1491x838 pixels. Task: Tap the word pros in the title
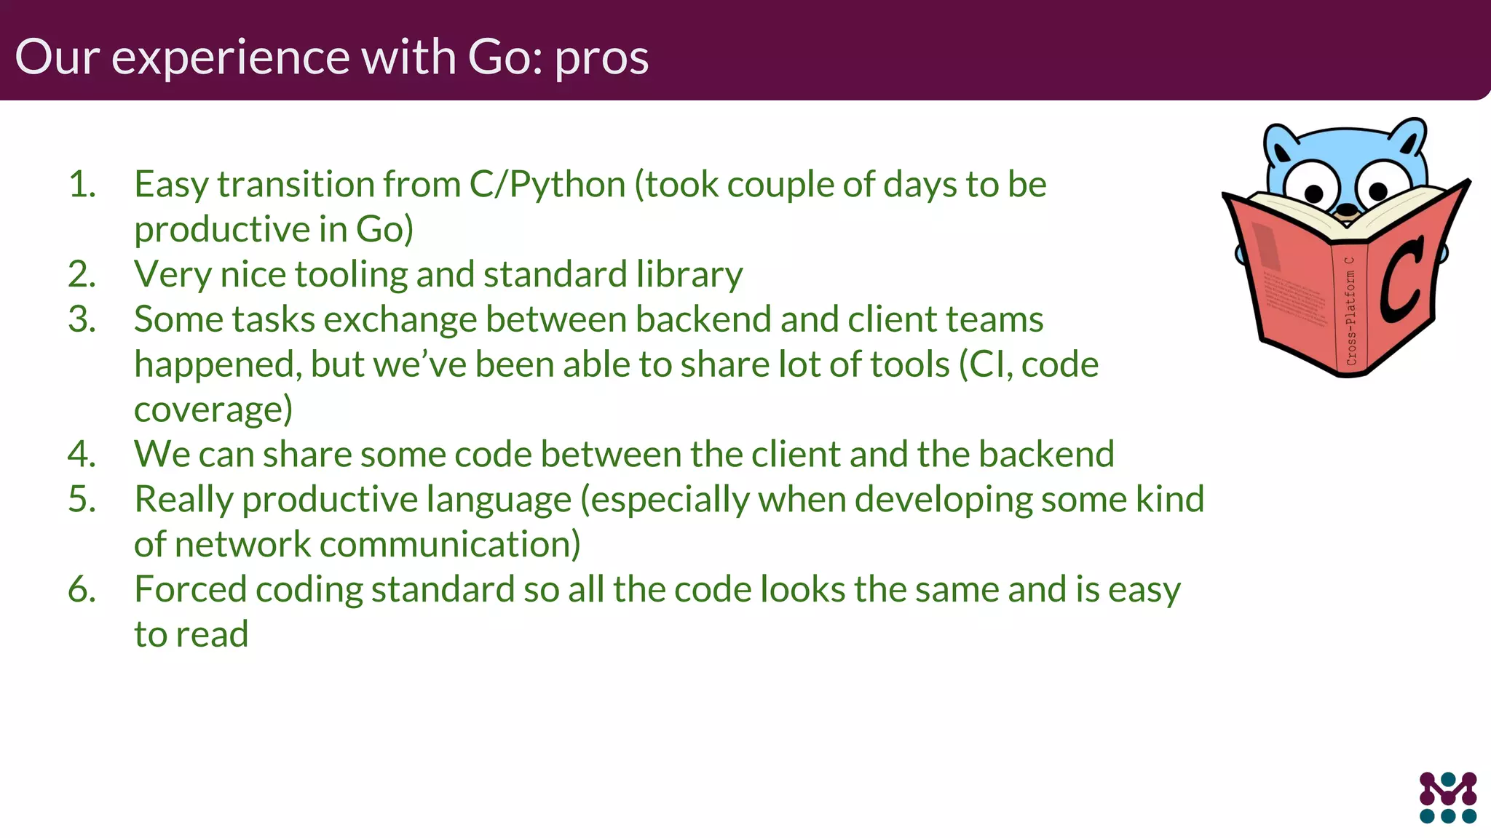pyautogui.click(x=601, y=58)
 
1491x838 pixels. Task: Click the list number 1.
pyautogui.click(x=82, y=184)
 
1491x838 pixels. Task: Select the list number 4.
pyautogui.click(x=82, y=454)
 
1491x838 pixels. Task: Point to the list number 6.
pyautogui.click(x=82, y=589)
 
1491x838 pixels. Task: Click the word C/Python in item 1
pyautogui.click(x=547, y=185)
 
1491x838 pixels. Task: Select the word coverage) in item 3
pyautogui.click(x=213, y=410)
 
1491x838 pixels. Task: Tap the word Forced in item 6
pyautogui.click(x=190, y=589)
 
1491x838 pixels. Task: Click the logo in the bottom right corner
pyautogui.click(x=1447, y=797)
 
